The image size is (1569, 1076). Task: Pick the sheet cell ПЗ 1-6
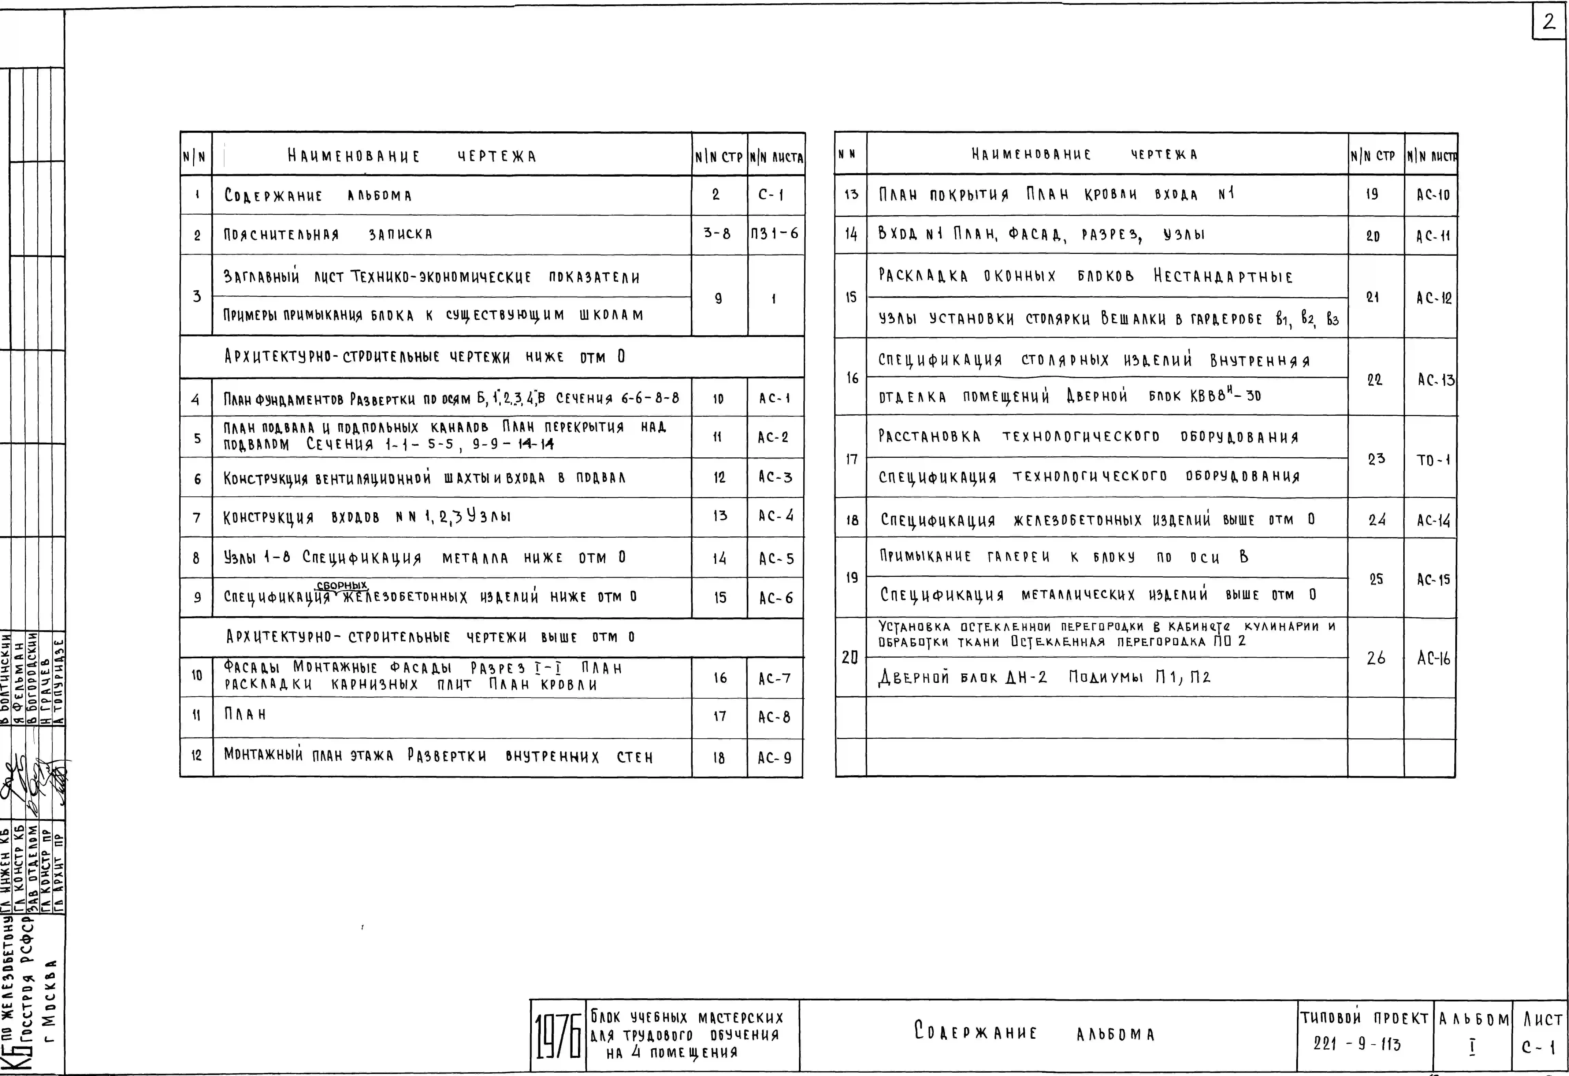(x=774, y=234)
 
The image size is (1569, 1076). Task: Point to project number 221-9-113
(x=1357, y=1044)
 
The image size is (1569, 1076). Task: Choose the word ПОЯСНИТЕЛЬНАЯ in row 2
(x=281, y=235)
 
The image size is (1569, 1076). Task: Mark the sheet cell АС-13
(x=1435, y=380)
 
